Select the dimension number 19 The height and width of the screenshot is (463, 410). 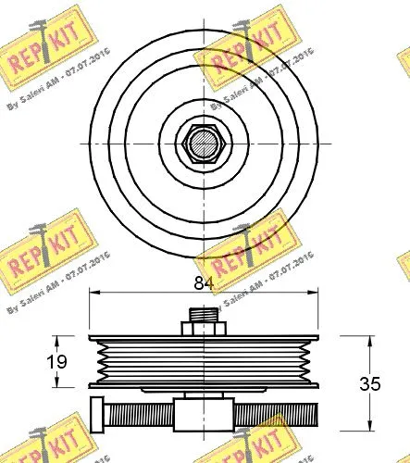[57, 360]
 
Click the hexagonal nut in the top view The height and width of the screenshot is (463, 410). [203, 144]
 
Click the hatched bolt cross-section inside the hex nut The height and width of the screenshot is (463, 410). [203, 144]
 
